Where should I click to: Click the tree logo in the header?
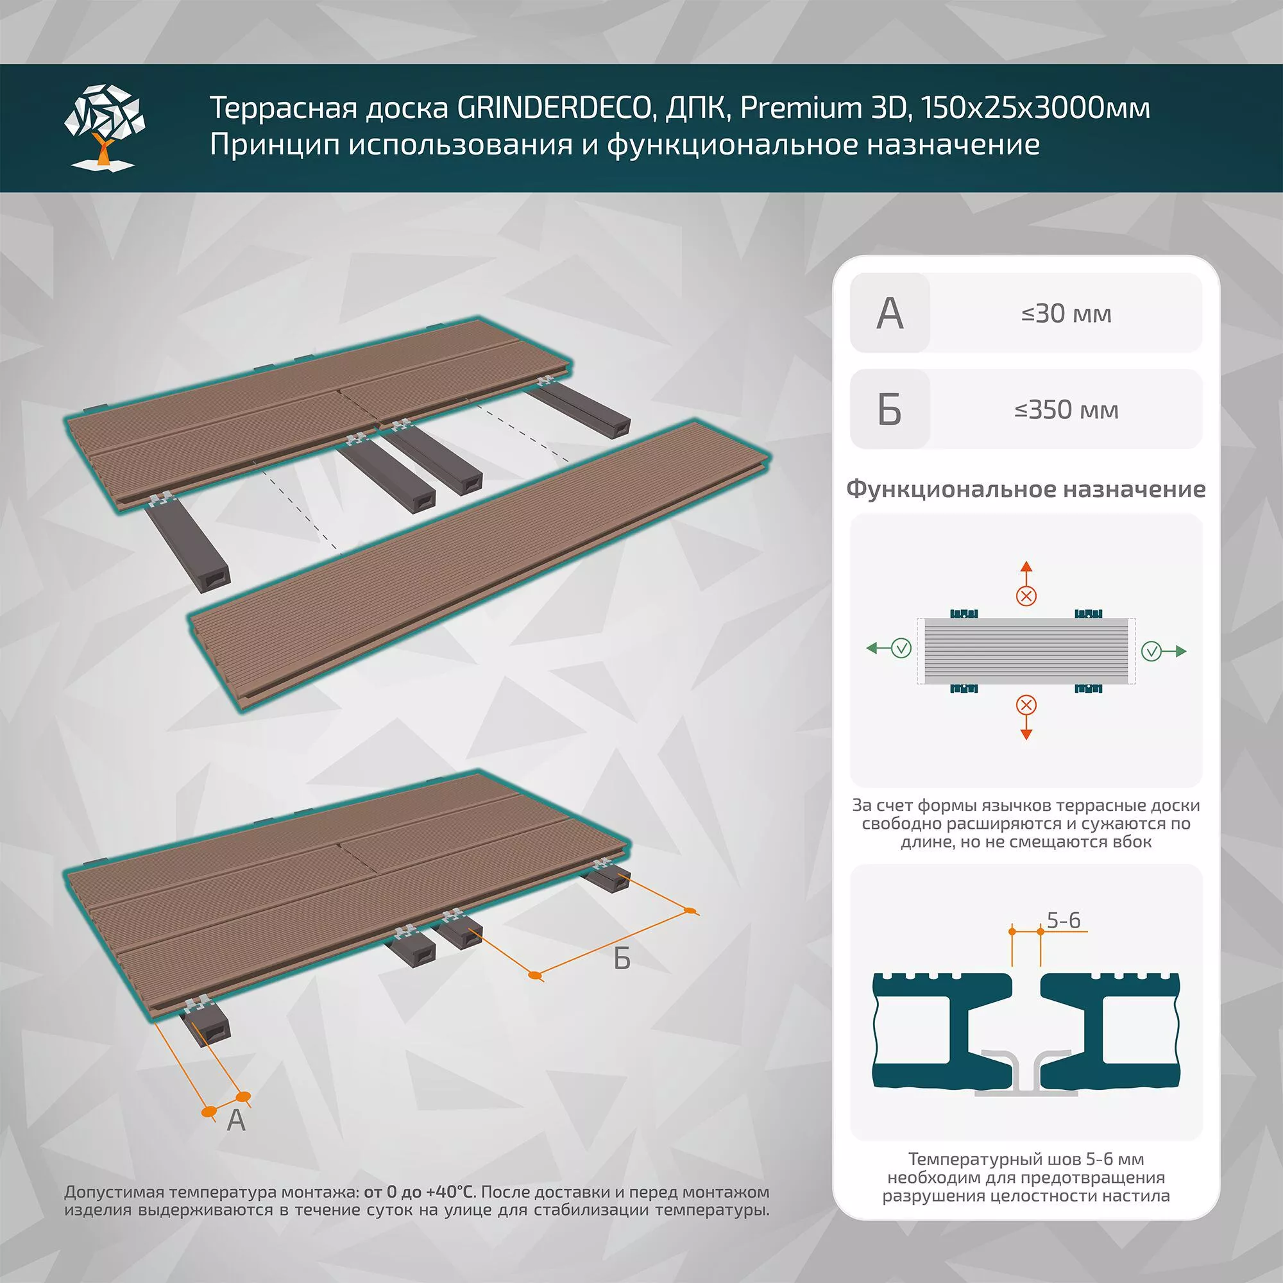[x=105, y=126]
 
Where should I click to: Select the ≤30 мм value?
[x=1066, y=314]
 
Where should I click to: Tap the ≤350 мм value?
[x=1066, y=410]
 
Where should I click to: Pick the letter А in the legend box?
[x=889, y=314]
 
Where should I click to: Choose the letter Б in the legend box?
[x=889, y=410]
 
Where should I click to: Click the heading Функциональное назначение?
[x=1025, y=489]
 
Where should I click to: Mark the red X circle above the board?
[x=1026, y=596]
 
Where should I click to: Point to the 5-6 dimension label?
[x=1063, y=921]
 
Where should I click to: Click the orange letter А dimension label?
[x=235, y=1120]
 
